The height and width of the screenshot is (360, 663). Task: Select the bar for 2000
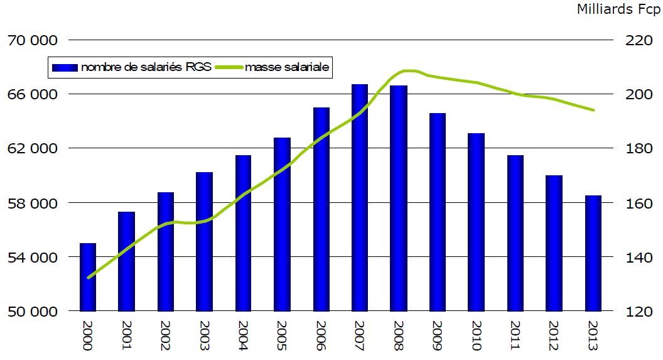tap(88, 277)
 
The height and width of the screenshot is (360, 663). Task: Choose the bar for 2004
tap(243, 233)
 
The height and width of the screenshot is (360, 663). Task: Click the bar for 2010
tap(477, 222)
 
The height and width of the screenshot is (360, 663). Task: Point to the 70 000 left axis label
tap(31, 40)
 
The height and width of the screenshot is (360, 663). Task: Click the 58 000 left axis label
tap(31, 203)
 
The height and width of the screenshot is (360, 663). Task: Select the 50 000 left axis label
tap(31, 312)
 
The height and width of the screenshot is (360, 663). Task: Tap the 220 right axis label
tap(639, 40)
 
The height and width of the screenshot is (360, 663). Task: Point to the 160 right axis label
tap(639, 203)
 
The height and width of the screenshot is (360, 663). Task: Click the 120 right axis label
tap(639, 312)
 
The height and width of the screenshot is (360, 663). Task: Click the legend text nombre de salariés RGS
tap(146, 67)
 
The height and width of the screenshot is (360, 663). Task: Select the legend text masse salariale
tap(287, 67)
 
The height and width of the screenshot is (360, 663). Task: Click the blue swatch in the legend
tap(65, 67)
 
